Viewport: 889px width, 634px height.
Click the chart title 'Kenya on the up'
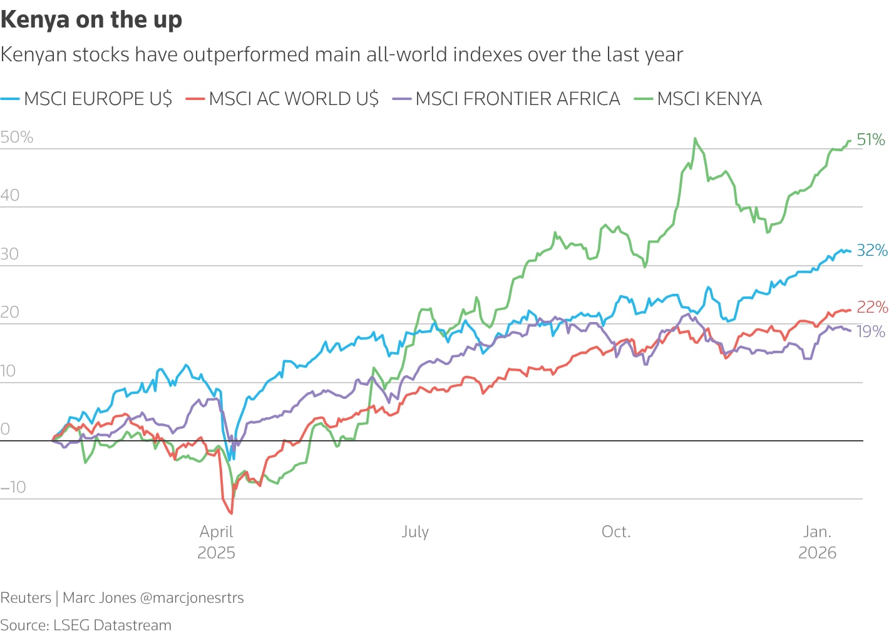[x=91, y=20]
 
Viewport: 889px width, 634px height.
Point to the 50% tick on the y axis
[x=17, y=138]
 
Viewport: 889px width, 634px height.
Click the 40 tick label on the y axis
[x=10, y=196]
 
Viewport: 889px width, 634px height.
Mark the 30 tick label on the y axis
[x=10, y=254]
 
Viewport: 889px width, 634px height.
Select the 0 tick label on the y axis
[x=6, y=429]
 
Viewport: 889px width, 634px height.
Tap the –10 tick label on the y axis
[x=14, y=487]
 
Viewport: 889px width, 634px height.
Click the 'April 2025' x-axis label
[x=217, y=541]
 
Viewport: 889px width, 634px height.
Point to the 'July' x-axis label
[x=415, y=532]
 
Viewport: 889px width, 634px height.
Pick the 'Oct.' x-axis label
[x=616, y=532]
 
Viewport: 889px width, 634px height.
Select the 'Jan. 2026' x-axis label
[x=817, y=541]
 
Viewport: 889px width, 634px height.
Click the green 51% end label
[x=871, y=139]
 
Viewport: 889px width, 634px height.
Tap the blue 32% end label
[x=871, y=250]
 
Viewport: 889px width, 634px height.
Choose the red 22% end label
[x=871, y=307]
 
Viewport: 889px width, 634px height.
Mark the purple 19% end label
[x=871, y=331]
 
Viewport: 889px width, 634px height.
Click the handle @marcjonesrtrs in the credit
[x=192, y=598]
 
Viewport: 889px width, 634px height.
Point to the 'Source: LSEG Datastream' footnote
[x=86, y=625]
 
